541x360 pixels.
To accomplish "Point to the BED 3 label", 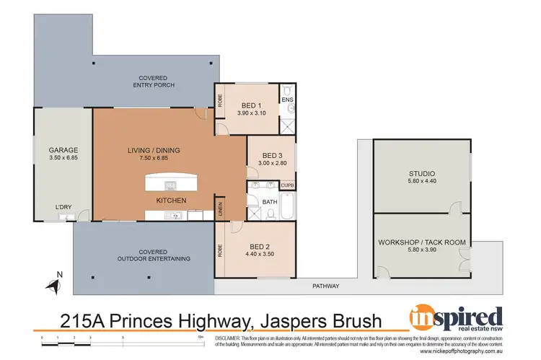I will (271, 155).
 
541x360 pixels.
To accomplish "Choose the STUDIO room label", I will (421, 173).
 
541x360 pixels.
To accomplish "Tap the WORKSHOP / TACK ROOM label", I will (422, 242).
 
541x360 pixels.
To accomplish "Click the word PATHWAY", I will (325, 286).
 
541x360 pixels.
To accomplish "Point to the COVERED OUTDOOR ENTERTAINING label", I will (154, 254).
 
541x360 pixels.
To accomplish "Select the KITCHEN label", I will (172, 199).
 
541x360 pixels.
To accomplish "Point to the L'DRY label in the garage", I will (63, 208).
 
